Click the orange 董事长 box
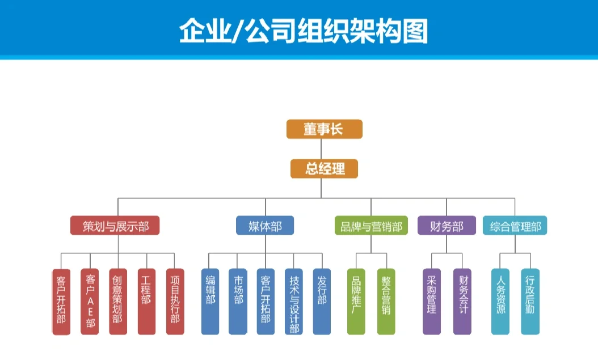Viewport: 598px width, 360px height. point(323,129)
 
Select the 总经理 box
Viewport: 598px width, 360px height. point(325,168)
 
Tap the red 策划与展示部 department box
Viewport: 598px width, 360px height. point(115,226)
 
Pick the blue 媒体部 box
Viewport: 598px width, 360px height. point(265,226)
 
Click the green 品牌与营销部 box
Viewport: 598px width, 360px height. point(371,226)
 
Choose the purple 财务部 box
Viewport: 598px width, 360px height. point(447,226)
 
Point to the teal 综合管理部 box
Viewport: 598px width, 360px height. point(515,226)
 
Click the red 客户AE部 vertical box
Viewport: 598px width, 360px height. point(90,301)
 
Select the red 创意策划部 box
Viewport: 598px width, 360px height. point(118,301)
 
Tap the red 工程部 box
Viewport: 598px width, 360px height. point(146,301)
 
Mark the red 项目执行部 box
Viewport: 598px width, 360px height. point(175,301)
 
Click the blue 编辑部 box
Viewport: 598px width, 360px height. point(210,301)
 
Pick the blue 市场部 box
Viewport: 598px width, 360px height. point(238,301)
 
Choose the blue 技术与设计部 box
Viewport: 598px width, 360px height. point(293,301)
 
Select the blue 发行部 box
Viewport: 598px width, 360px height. point(322,301)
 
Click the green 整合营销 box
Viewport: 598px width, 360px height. point(386,301)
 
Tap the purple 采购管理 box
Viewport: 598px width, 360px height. point(432,301)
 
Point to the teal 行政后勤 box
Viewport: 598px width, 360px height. point(530,301)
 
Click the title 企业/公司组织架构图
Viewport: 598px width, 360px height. point(303,31)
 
